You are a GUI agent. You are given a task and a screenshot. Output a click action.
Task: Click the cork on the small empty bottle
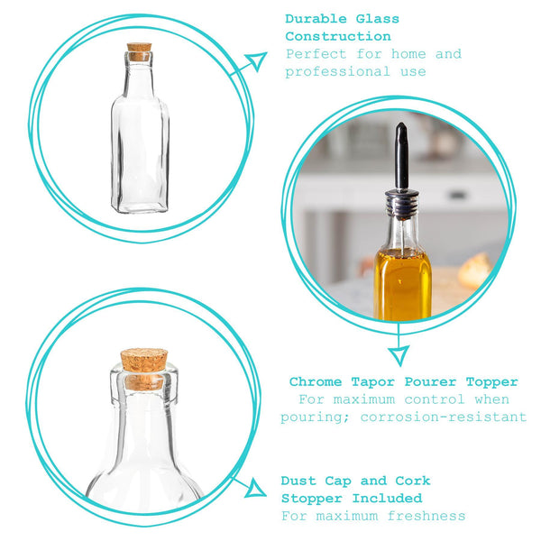coord(139,51)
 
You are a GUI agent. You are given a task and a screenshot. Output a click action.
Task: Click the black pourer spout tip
coord(400,135)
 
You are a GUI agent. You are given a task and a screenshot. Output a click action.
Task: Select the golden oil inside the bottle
coord(402,284)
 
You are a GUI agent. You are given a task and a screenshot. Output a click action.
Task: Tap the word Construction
coord(337,36)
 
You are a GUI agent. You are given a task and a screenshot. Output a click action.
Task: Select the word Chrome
coord(316,381)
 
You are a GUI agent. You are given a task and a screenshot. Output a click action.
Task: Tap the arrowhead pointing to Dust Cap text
coord(255,490)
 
